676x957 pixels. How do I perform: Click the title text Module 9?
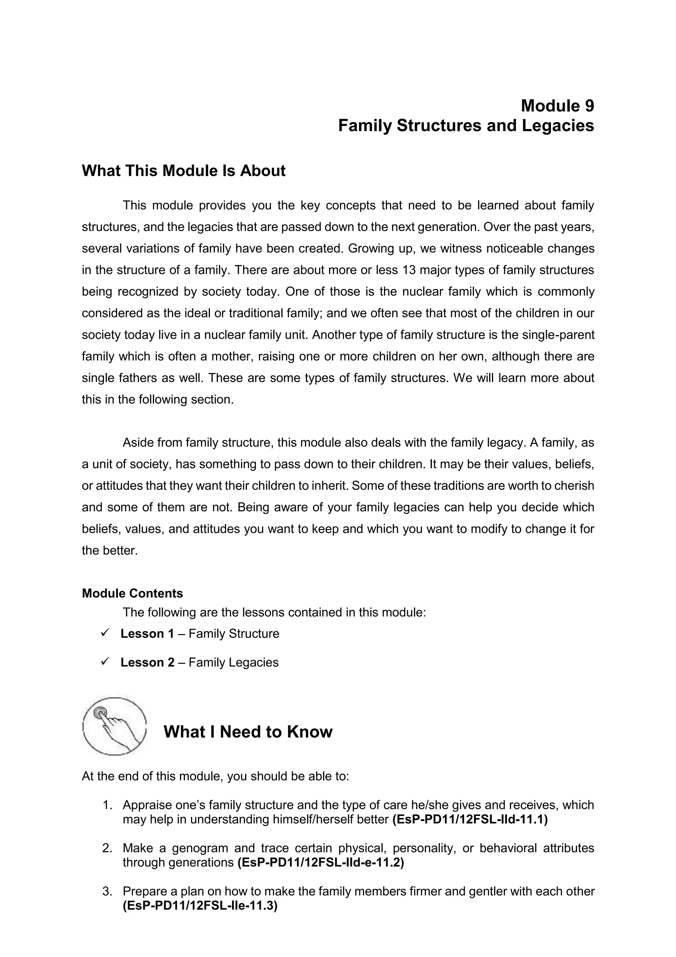[x=557, y=106]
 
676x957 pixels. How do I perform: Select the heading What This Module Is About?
[x=183, y=171]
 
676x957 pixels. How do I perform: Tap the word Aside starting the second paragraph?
[x=137, y=443]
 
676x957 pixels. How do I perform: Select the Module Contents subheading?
[x=132, y=593]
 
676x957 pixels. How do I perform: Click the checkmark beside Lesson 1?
[x=105, y=633]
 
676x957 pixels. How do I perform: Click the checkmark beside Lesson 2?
[x=105, y=661]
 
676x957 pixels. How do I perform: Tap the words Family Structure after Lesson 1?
[x=234, y=634]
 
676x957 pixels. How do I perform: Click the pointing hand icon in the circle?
[x=115, y=726]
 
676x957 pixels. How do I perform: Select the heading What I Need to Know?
[x=248, y=732]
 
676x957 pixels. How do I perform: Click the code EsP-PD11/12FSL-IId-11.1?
[x=470, y=819]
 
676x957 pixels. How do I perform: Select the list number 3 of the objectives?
[x=107, y=892]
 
